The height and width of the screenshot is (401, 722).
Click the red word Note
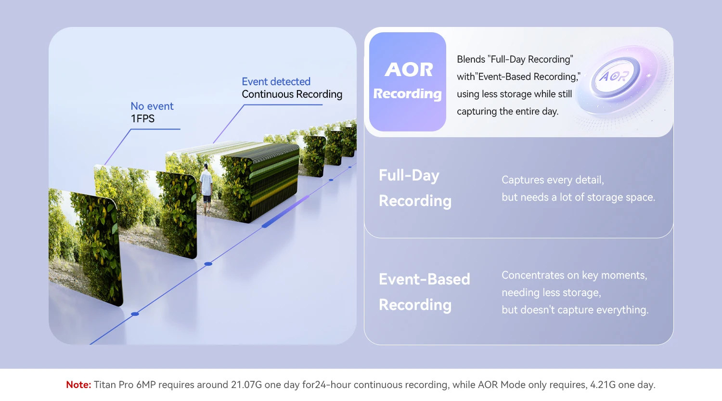click(x=78, y=385)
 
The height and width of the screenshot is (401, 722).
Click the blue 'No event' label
click(x=152, y=106)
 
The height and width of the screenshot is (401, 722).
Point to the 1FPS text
click(x=142, y=118)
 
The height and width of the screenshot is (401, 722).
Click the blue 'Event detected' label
click(x=276, y=81)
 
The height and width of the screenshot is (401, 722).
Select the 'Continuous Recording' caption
click(x=292, y=94)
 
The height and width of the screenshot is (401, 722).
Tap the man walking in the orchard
click(x=206, y=189)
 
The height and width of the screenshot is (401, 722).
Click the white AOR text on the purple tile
click(x=409, y=69)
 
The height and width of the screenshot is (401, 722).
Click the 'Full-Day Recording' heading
click(x=415, y=188)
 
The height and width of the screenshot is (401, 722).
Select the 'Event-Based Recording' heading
click(x=424, y=292)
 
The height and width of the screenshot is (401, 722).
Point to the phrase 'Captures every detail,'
click(x=553, y=180)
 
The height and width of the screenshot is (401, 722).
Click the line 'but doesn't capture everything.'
click(x=575, y=310)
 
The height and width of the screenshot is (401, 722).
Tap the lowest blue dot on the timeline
click(x=135, y=314)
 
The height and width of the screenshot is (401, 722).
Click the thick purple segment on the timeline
click(x=285, y=212)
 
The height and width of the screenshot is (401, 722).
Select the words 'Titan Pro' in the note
click(x=114, y=385)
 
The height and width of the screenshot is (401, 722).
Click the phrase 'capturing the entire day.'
click(x=508, y=112)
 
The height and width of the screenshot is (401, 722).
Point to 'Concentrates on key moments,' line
click(x=574, y=275)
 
